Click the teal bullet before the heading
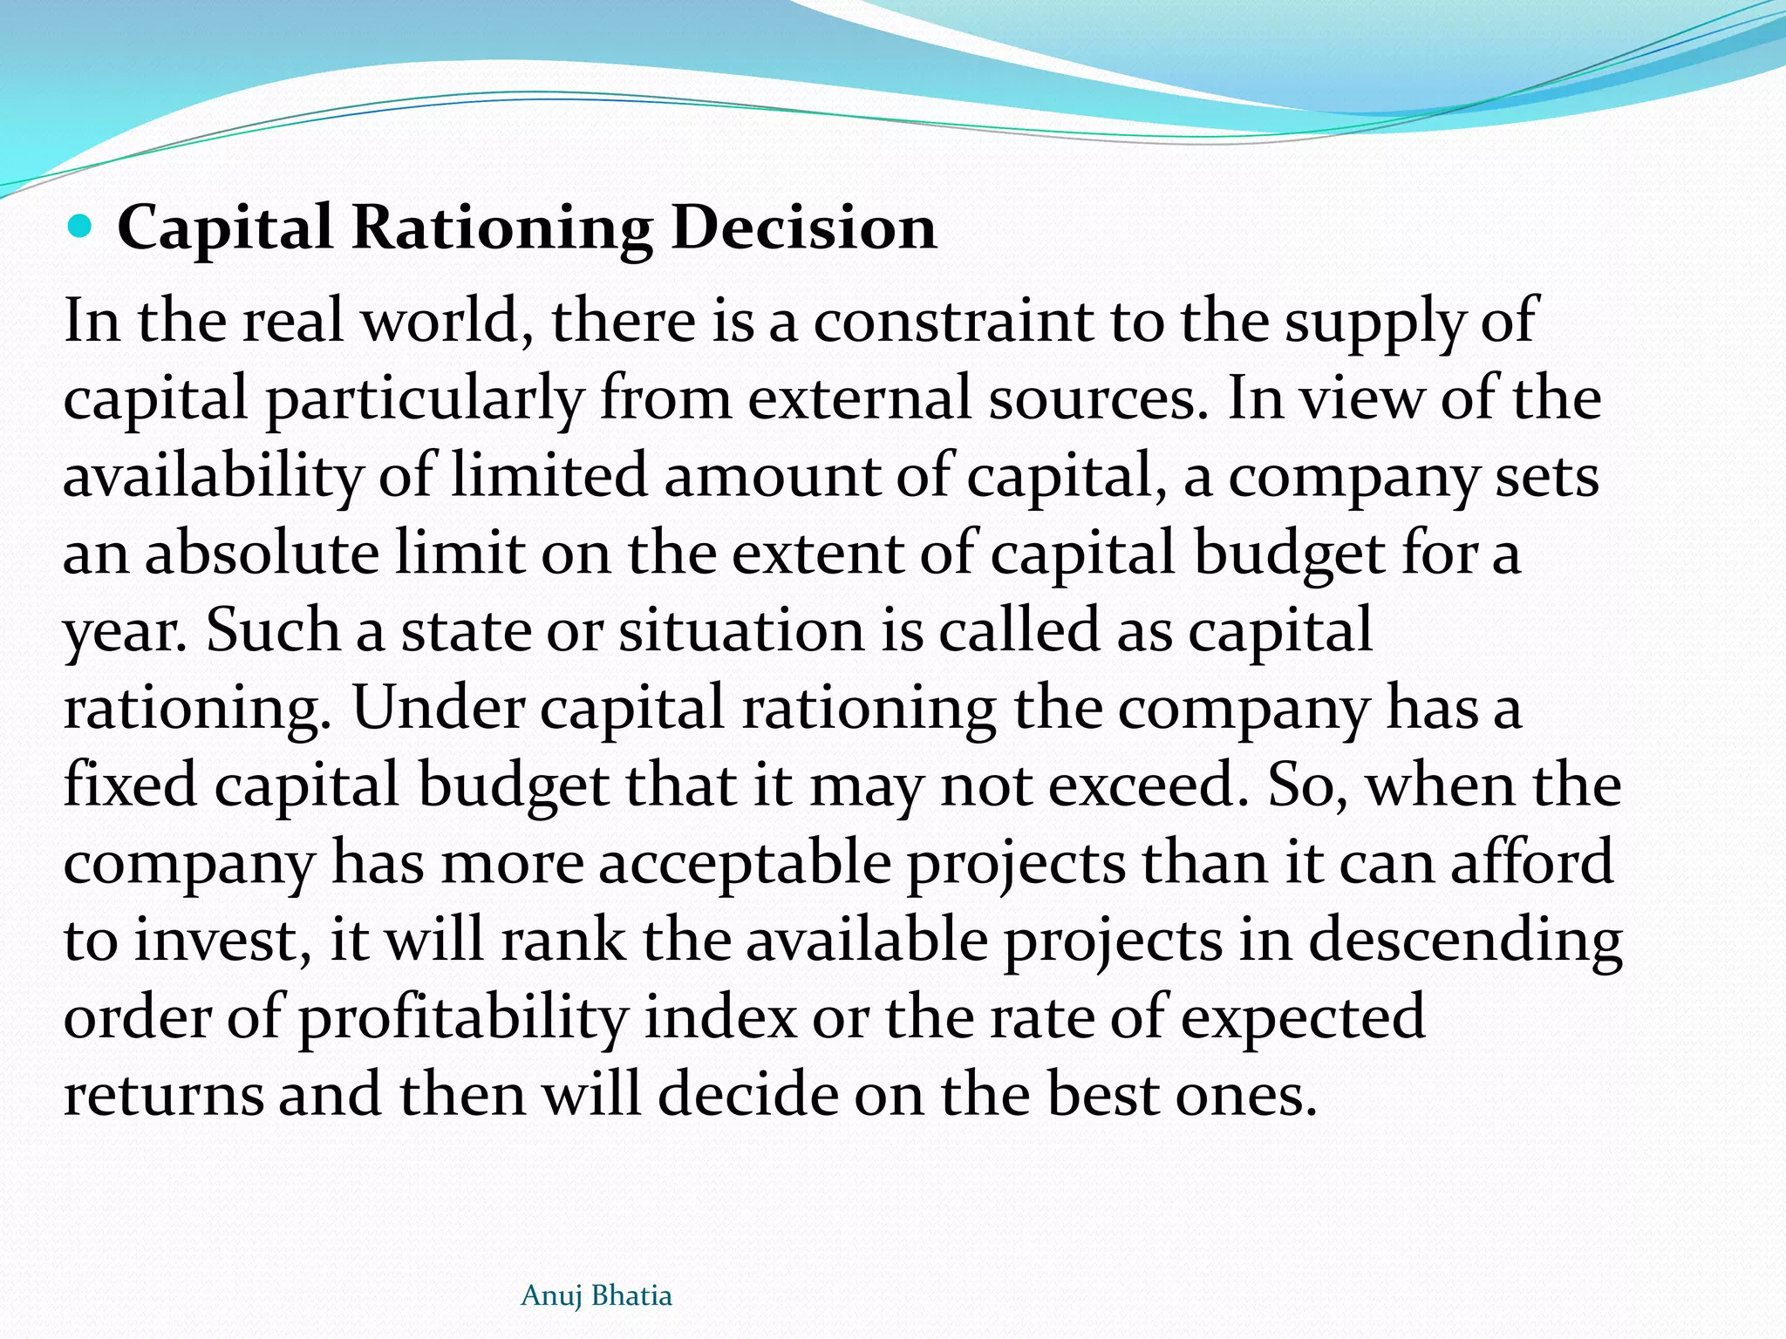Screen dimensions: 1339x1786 (x=79, y=228)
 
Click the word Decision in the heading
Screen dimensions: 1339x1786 (x=804, y=228)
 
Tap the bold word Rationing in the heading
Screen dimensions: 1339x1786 (x=501, y=229)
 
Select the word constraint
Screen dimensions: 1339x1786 (x=953, y=321)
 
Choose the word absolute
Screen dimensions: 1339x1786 (x=262, y=554)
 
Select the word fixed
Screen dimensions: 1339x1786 (x=130, y=785)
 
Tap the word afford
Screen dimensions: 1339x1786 (x=1531, y=861)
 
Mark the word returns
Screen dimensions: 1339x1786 (x=163, y=1095)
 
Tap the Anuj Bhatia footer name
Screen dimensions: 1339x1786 (x=596, y=1296)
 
